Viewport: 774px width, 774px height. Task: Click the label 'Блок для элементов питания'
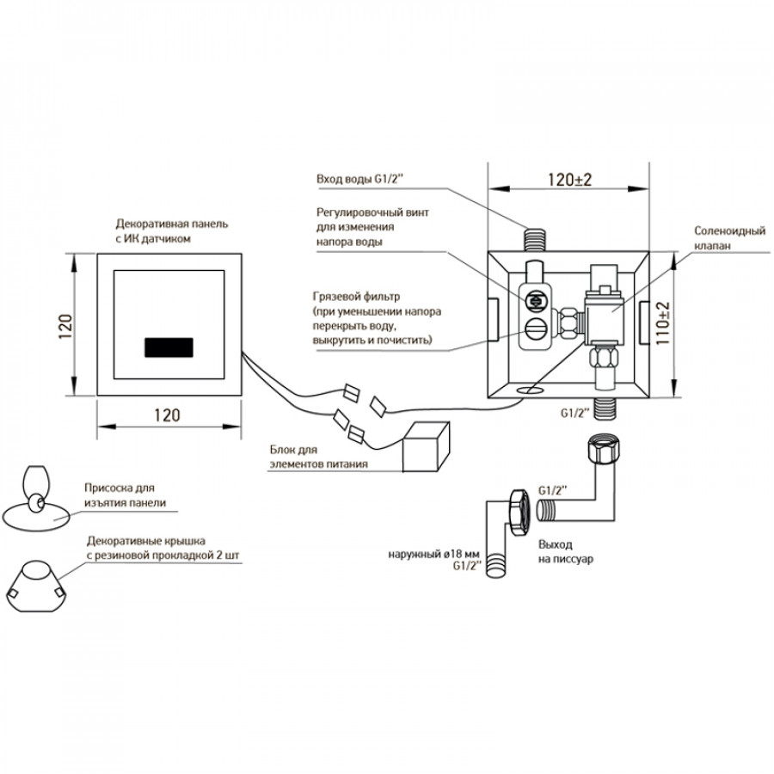click(318, 458)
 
